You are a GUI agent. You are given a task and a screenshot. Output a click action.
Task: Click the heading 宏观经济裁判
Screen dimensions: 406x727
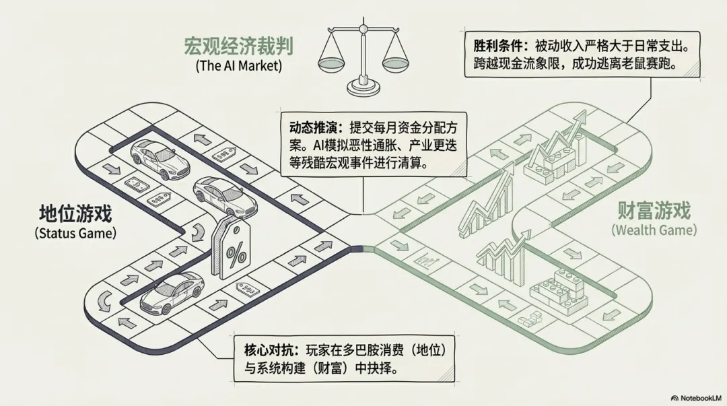tap(238, 46)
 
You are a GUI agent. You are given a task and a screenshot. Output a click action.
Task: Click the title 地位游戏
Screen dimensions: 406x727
tap(75, 215)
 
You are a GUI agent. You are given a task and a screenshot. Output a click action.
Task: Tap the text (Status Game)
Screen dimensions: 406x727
tap(75, 233)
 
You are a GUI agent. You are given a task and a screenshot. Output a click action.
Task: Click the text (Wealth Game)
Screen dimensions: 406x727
tap(654, 230)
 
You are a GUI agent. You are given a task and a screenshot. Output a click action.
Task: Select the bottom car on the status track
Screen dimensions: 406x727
tap(172, 294)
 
